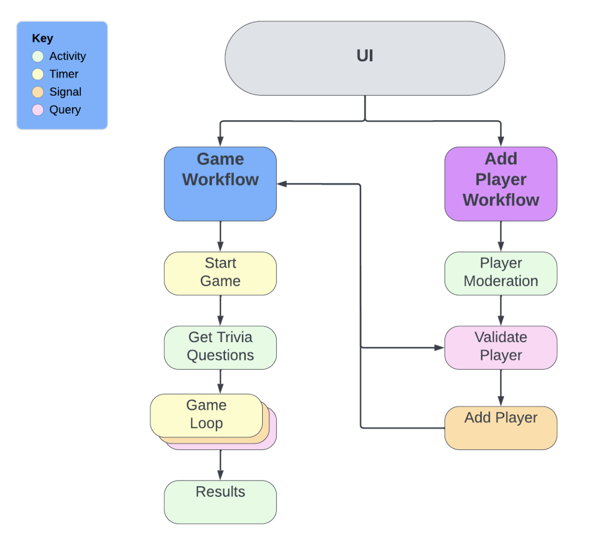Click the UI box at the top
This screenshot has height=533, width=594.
(x=365, y=58)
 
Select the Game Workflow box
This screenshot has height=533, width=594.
(x=220, y=184)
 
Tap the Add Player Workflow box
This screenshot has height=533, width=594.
(x=501, y=184)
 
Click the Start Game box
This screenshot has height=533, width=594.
(x=220, y=273)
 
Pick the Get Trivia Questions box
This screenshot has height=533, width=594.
(x=220, y=347)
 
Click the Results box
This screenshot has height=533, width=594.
(x=220, y=502)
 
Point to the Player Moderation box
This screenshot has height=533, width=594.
(x=501, y=273)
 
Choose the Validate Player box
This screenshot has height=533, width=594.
(x=501, y=347)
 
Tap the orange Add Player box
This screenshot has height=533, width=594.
(x=501, y=428)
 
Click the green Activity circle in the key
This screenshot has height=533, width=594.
(x=38, y=57)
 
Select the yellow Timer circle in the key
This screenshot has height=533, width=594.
(x=38, y=74)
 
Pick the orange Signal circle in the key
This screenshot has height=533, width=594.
(x=38, y=92)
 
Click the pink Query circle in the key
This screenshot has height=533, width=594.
(x=38, y=110)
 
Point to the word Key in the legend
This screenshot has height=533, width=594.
(x=43, y=39)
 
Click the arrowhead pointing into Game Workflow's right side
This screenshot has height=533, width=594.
(x=282, y=184)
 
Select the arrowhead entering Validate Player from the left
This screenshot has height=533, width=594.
(x=439, y=347)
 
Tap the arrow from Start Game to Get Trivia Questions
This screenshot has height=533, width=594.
(x=220, y=310)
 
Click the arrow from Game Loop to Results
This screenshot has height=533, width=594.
(x=220, y=465)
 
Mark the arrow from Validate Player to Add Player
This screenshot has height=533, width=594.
(x=501, y=388)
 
